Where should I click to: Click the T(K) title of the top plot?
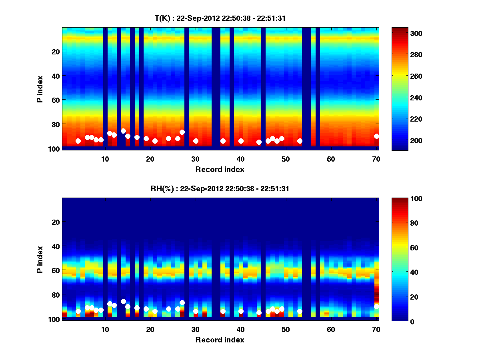[x=220, y=18]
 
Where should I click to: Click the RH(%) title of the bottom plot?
[x=220, y=189]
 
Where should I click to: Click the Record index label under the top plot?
[x=220, y=169]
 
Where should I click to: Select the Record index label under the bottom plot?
[x=220, y=340]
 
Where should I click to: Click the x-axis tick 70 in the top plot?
[x=376, y=158]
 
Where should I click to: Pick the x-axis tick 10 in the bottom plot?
[x=105, y=329]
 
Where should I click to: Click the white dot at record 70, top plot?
[x=376, y=136]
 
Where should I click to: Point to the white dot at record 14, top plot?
[x=123, y=131]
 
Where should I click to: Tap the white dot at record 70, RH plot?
[x=376, y=306]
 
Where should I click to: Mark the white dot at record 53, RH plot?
[x=300, y=311]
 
